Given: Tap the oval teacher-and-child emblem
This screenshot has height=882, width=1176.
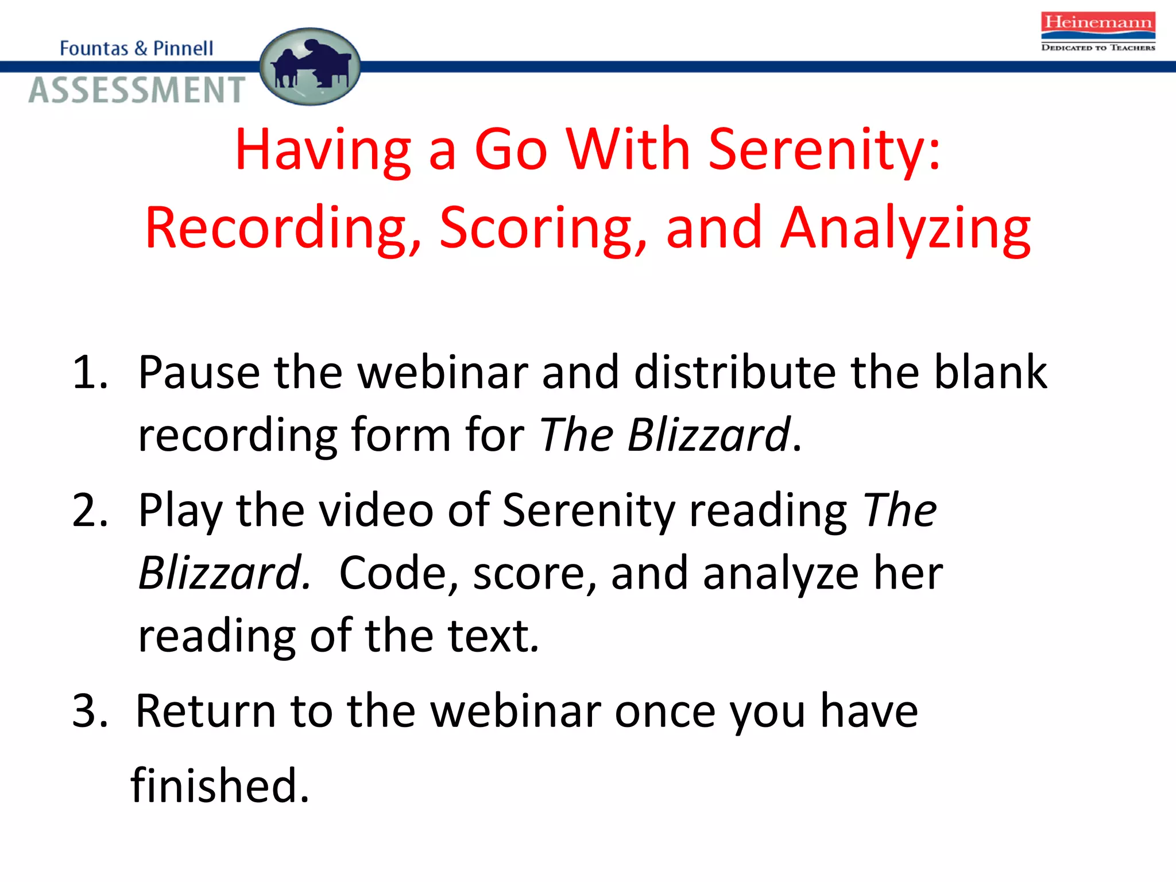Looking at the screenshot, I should click(x=310, y=67).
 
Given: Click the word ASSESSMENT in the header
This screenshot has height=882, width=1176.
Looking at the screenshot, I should click(x=137, y=90).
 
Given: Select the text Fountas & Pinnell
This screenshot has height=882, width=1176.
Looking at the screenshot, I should click(x=136, y=48).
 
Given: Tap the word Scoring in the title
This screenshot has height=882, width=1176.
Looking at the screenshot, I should click(x=543, y=228).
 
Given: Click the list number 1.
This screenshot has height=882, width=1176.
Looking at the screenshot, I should click(x=90, y=373).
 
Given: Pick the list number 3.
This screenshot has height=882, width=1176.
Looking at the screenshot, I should click(x=90, y=711).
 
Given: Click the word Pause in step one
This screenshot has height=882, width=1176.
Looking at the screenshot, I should click(x=199, y=373).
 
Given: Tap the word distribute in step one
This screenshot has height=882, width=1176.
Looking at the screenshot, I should click(x=735, y=373).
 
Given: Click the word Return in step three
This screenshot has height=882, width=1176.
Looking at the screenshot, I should click(x=206, y=711).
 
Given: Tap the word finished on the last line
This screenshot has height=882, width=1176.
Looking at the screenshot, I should click(x=220, y=785).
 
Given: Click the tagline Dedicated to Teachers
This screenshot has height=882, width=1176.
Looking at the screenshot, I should click(x=1097, y=48).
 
